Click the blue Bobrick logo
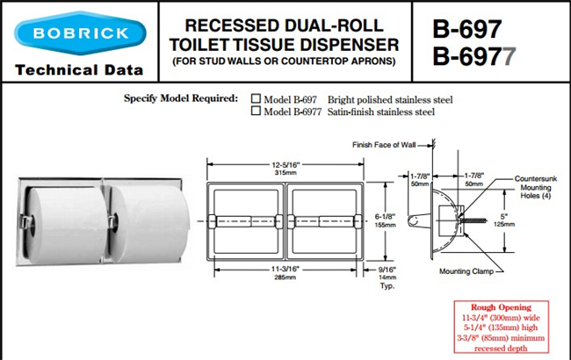[x=80, y=33]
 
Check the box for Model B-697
[x=256, y=98]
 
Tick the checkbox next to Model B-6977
[x=256, y=111]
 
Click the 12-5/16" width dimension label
[x=285, y=169]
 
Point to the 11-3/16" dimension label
[x=285, y=273]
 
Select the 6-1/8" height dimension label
[x=386, y=220]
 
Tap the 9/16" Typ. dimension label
[x=387, y=277]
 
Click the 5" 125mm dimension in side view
[x=504, y=220]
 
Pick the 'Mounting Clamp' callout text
[x=466, y=271]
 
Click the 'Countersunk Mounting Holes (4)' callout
[x=536, y=187]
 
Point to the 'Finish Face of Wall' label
[x=384, y=145]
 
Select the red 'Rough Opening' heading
[x=501, y=307]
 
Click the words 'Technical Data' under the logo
[x=79, y=70]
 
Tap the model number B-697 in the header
[x=467, y=29]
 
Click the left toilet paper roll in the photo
[x=66, y=225]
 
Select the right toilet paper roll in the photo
[x=150, y=223]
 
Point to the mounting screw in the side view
[x=473, y=220]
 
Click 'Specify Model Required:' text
[x=181, y=98]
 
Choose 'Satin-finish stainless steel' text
[x=381, y=112]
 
